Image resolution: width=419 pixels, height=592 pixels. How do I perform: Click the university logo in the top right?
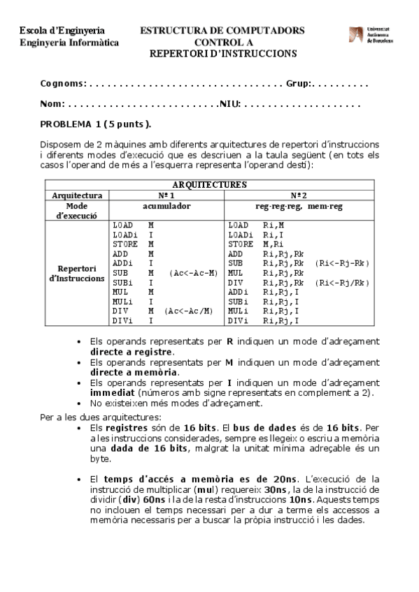(371, 36)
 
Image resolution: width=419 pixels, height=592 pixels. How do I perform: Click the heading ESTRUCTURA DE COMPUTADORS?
(222, 31)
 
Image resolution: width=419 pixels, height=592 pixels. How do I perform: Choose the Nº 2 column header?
(299, 195)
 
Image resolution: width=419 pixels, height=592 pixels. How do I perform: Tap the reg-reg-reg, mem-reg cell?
(299, 207)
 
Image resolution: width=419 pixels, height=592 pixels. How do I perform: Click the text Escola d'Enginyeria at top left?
(62, 31)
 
